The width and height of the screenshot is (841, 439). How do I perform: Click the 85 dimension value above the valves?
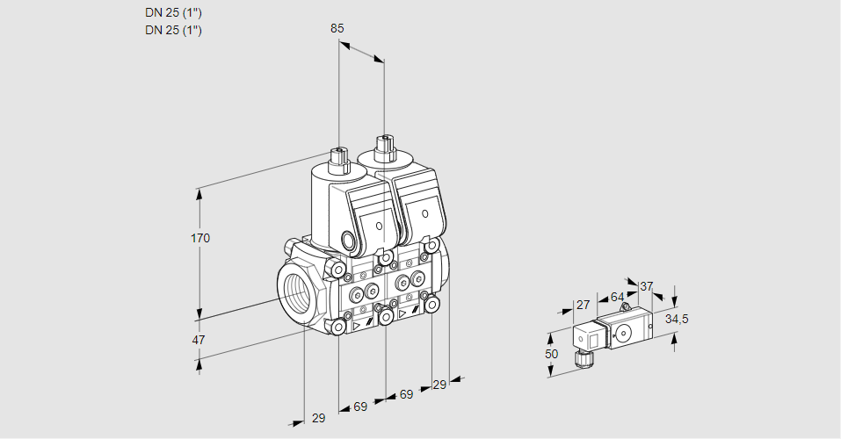[x=337, y=28]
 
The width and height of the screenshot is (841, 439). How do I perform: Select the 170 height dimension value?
[x=201, y=238]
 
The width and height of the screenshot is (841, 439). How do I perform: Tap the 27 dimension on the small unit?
[x=581, y=305]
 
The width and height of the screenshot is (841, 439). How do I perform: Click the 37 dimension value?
[x=647, y=286]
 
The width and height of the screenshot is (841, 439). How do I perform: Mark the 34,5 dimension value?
[x=677, y=319]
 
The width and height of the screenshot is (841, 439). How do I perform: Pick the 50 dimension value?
[x=550, y=354]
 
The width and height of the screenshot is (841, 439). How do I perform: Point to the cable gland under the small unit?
[x=581, y=356]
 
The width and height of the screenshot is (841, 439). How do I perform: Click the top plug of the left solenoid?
[x=338, y=159]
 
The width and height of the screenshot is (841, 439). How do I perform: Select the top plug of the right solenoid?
[x=384, y=146]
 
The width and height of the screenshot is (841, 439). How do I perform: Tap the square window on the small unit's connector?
[x=593, y=338]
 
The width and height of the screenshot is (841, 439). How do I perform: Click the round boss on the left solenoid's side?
[x=349, y=240]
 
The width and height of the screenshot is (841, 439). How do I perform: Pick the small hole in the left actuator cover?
[x=380, y=226]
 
